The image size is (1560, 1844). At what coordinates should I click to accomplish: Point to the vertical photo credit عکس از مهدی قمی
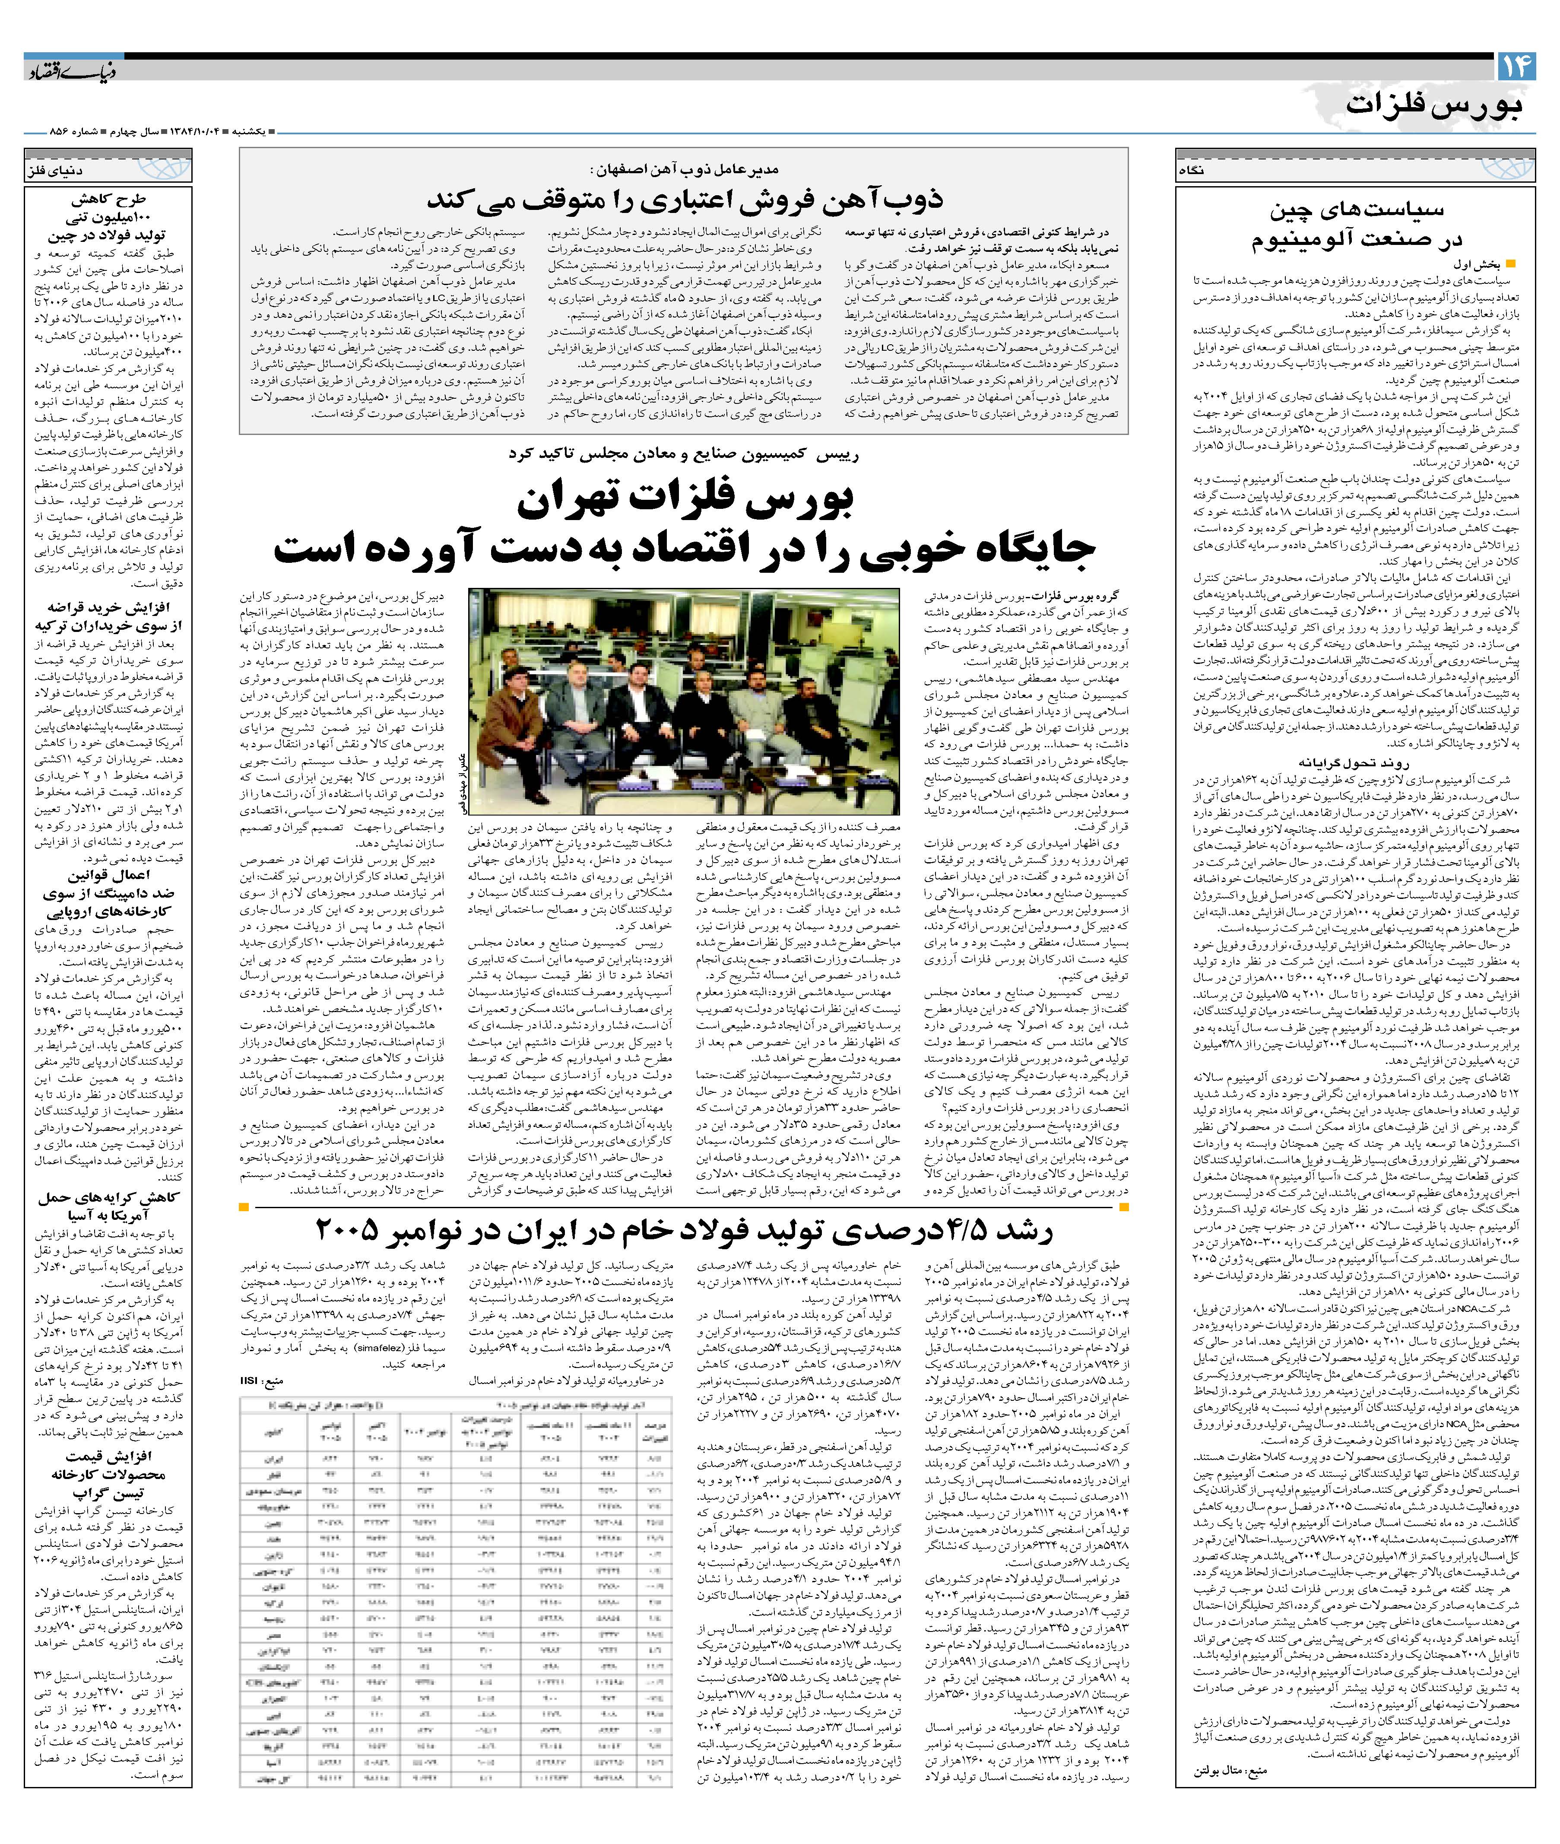tap(463, 778)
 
